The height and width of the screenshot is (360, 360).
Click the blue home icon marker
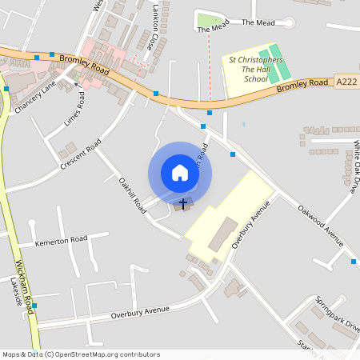click(180, 173)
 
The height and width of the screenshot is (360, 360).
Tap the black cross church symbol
click(183, 204)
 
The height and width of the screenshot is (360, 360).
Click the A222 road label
click(346, 82)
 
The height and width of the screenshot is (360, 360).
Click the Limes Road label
click(74, 112)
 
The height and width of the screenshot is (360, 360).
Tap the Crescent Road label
click(80, 154)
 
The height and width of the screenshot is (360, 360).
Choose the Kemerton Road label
click(61, 240)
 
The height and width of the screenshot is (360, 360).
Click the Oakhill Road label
click(133, 194)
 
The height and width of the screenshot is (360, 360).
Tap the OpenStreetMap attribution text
click(80, 354)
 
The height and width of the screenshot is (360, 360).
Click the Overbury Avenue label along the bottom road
click(141, 310)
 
